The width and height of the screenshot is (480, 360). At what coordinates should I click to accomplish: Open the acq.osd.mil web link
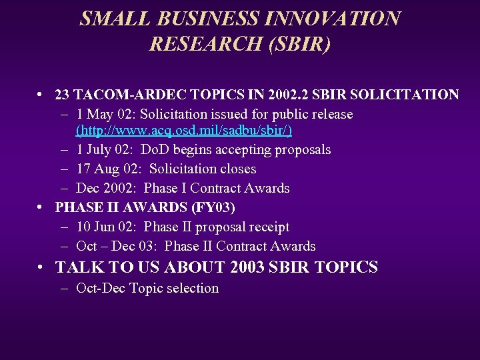pyautogui.click(x=184, y=130)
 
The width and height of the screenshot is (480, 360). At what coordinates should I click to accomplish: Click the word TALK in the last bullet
pyautogui.click(x=75, y=268)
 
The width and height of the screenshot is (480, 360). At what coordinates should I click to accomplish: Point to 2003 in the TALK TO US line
pyautogui.click(x=249, y=268)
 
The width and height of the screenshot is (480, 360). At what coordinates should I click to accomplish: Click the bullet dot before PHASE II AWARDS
pyautogui.click(x=41, y=207)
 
